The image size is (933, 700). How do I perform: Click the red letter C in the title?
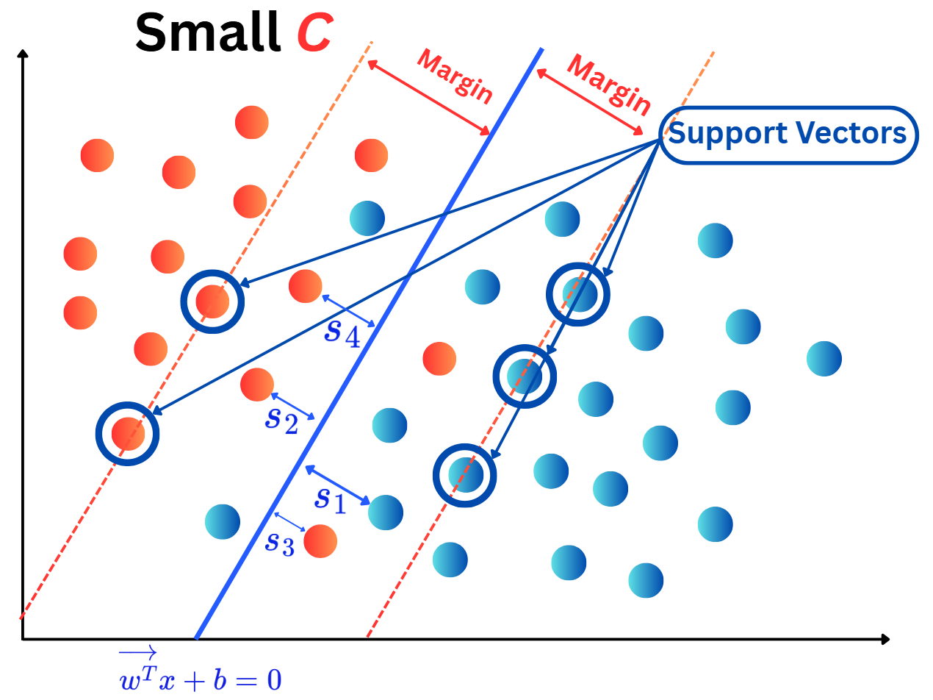(314, 33)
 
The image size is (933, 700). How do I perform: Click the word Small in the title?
(207, 33)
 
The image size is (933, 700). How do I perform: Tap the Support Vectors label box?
(788, 134)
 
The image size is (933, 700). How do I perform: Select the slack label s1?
(329, 499)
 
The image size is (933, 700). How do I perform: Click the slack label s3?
(280, 543)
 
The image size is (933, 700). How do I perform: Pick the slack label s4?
(342, 332)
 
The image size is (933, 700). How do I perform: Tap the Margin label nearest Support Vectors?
(609, 86)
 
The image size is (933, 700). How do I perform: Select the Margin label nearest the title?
(454, 75)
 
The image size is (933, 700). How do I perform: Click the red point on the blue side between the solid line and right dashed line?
(439, 358)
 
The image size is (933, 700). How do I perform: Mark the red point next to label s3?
(320, 541)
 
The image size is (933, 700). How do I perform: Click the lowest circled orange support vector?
(128, 433)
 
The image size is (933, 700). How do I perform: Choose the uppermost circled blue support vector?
(578, 294)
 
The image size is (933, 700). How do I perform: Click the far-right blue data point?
(824, 358)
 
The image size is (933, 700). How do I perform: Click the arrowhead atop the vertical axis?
(22, 54)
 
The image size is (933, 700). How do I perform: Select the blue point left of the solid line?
(223, 521)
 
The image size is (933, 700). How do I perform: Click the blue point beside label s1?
(386, 512)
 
